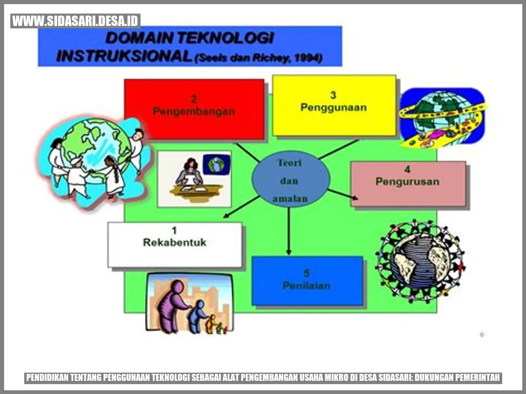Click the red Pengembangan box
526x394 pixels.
pos(194,109)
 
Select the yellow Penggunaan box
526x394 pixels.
pos(334,105)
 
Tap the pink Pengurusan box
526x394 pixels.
pos(408,183)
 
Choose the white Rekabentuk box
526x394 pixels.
pos(175,245)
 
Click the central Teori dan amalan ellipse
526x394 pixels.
pos(290,180)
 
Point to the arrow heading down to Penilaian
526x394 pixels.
pos(288,232)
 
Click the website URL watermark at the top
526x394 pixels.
pos(75,21)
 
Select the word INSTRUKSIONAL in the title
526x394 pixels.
pos(123,56)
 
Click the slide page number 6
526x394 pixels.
pos(482,335)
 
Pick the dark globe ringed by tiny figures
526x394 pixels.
pos(420,260)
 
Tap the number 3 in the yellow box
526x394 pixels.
pos(333,95)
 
